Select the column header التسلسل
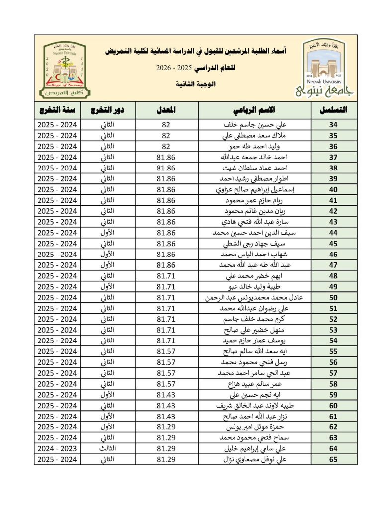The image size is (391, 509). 334,109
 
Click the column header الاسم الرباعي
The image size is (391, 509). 255,109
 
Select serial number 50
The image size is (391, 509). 334,298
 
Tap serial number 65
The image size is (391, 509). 334,460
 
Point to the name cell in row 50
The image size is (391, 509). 255,298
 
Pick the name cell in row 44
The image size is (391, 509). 255,233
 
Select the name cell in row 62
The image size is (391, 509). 255,427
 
